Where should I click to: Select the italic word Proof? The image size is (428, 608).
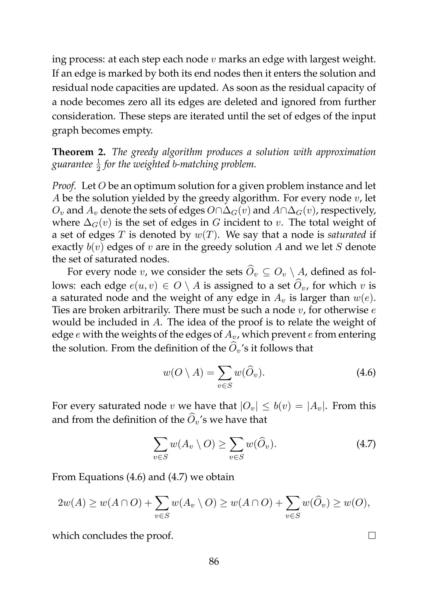coord(64,186)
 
